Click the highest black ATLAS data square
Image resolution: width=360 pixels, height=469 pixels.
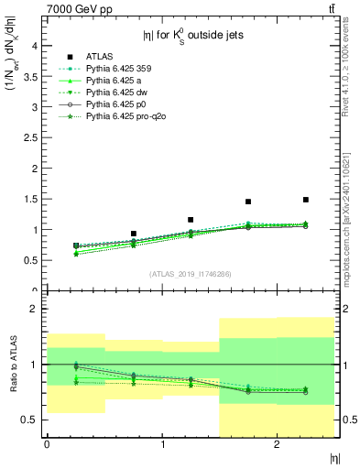click(306, 200)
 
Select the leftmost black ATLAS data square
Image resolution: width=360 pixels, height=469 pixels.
click(75, 245)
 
